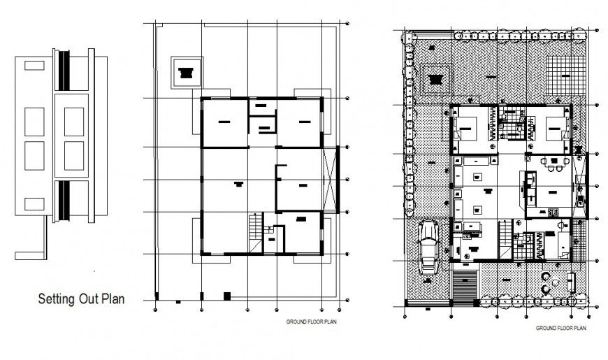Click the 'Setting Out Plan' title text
pos(80,299)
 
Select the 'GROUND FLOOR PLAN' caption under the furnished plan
pos(560,326)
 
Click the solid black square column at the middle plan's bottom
pos(226,296)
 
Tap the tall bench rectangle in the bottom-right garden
pos(572,281)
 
